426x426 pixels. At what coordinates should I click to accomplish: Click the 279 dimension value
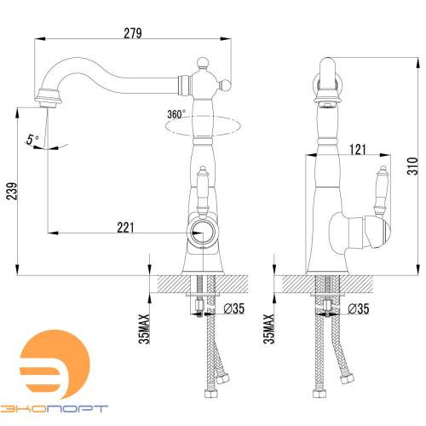pos(133,33)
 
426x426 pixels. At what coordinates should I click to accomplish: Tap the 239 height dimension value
pos(12,192)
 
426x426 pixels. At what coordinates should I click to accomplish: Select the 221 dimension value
pos(125,227)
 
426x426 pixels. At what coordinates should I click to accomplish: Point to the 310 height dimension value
pos(412,166)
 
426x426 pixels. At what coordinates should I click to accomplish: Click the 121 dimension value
pos(358,149)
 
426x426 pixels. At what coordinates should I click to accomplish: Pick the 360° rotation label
pos(176,114)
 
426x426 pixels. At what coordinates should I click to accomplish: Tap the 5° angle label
pos(32,140)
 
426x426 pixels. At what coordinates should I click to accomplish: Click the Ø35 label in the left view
pos(234,308)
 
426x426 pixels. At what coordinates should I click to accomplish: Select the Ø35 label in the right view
pos(359,308)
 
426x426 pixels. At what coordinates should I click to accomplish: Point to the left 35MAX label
pos(144,329)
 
